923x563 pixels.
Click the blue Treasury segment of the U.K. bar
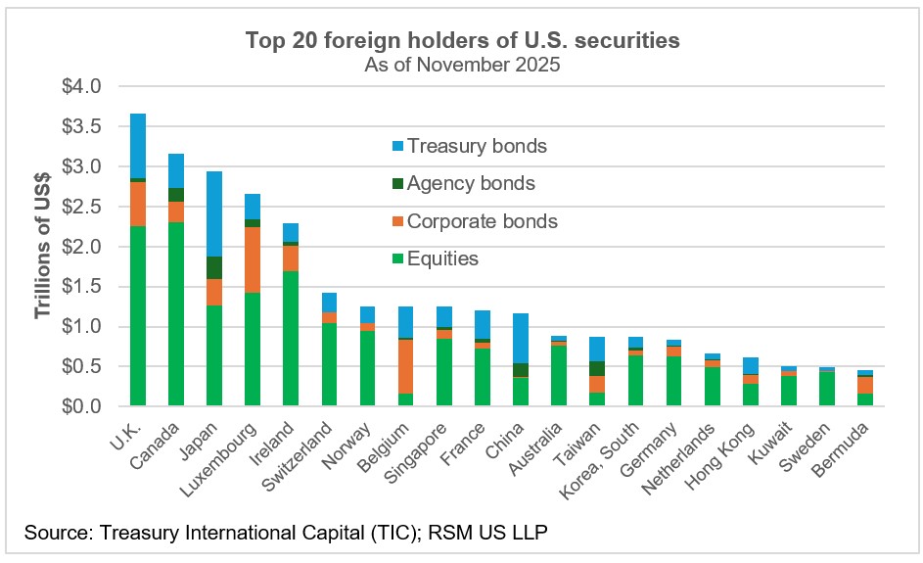tap(138, 146)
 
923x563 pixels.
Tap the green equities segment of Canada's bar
tap(176, 313)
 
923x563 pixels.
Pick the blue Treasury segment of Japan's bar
tap(214, 213)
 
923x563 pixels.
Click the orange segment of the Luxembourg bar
tap(253, 259)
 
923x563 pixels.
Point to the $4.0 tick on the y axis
tap(81, 86)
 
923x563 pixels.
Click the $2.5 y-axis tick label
tap(81, 207)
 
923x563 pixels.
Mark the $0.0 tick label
tap(81, 406)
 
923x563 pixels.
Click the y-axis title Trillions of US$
tap(42, 246)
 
